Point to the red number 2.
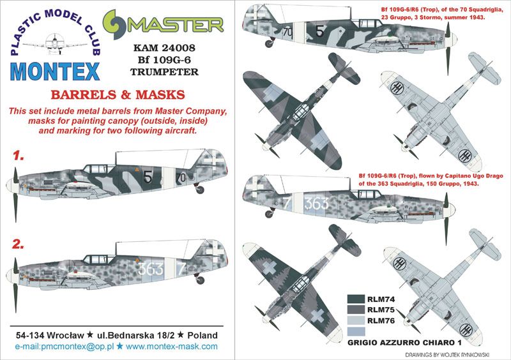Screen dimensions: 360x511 pyautogui.click(x=19, y=243)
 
